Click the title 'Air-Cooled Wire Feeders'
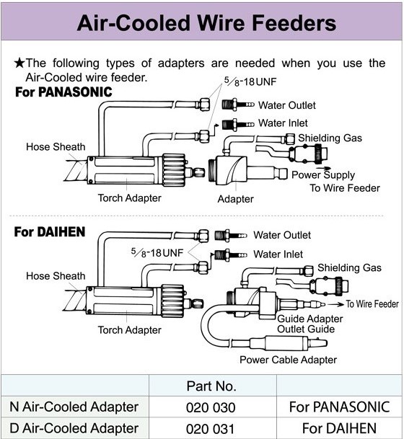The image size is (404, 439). pos(206,22)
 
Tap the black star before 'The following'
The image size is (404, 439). pos(19,63)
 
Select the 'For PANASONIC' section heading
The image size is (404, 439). pos(63,92)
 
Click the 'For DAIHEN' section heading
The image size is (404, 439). pos(50,232)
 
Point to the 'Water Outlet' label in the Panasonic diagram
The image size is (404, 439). pos(287,105)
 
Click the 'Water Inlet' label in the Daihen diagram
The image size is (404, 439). pos(278,254)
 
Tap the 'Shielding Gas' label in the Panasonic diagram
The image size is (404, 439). pos(330,138)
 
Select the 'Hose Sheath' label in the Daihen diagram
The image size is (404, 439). pos(56,276)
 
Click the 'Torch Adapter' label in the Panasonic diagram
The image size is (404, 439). pos(129,198)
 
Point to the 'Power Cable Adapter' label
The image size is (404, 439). pos(289,360)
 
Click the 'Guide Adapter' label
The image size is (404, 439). pos(310,319)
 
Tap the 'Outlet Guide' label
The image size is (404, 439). pos(306,329)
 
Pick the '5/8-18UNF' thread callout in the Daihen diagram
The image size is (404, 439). pos(157,253)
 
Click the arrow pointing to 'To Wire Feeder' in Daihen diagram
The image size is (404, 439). pos(335,304)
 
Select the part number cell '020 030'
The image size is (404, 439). pos(211,407)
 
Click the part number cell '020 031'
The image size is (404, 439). pos(210,429)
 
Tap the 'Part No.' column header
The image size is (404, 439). pos(211,386)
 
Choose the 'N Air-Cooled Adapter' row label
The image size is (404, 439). pos(74,407)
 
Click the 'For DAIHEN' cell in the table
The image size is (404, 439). pos(339,428)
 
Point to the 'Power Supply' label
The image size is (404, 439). pos(323,175)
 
